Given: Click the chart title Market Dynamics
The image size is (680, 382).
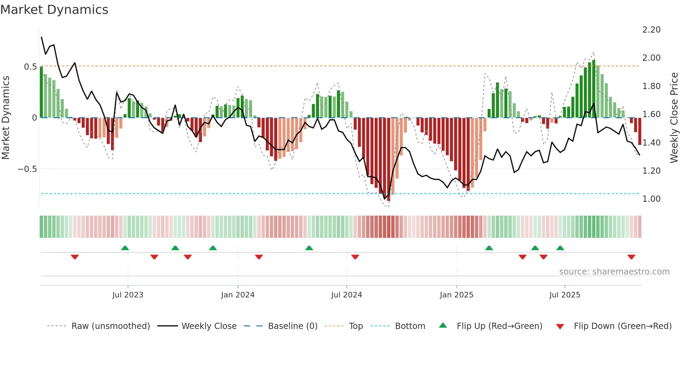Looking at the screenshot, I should [x=54, y=10].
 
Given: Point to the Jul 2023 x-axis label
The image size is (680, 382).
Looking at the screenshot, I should [x=128, y=295].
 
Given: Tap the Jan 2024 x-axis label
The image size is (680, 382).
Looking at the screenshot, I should [x=238, y=295].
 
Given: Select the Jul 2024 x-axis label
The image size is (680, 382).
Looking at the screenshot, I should [x=346, y=295].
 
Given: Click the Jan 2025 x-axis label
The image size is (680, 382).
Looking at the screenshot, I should [x=456, y=295].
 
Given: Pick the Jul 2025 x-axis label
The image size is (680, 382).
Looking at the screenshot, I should [x=564, y=295].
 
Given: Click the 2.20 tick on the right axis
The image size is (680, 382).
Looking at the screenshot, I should [x=651, y=30].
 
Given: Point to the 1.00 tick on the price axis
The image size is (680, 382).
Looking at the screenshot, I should [x=651, y=199].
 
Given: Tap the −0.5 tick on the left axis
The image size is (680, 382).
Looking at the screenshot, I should [x=27, y=169].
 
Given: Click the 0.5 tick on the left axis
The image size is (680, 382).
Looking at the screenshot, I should [x=30, y=67].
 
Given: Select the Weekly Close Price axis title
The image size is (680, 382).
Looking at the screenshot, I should [x=674, y=118].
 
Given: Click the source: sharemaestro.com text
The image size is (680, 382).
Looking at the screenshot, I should [x=614, y=272].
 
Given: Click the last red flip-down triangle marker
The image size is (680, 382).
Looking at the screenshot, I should [x=631, y=257].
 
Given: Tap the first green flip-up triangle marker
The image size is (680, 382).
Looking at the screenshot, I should [x=125, y=248].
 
